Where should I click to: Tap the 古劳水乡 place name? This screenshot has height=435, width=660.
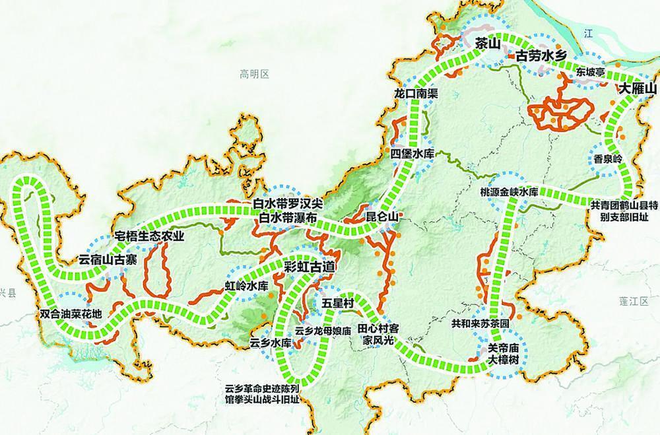click(541, 56)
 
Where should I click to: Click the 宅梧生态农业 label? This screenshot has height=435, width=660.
click(149, 236)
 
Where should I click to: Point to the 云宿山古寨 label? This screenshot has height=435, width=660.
click(108, 259)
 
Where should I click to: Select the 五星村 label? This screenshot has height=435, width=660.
click(339, 302)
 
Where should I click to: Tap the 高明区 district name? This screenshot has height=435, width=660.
click(255, 75)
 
